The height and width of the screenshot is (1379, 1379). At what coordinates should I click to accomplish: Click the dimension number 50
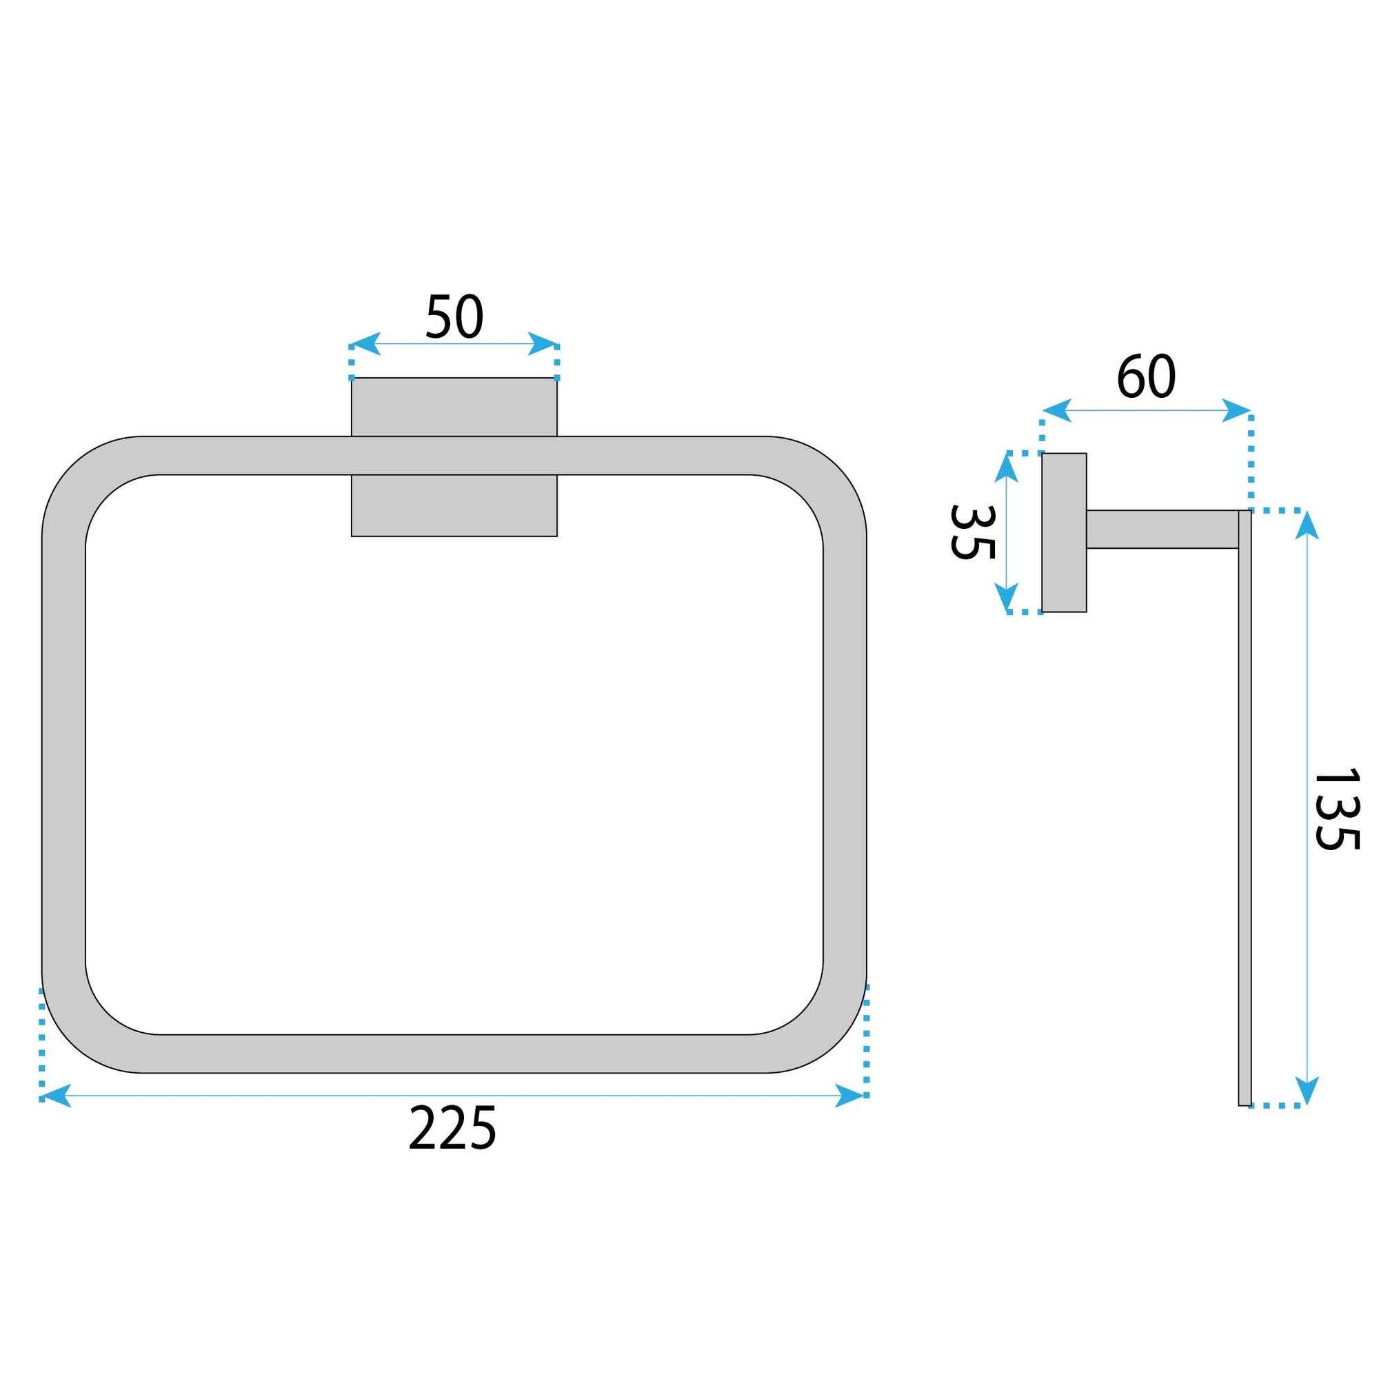pos(454,316)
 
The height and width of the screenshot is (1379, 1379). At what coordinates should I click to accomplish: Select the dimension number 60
pos(1145,377)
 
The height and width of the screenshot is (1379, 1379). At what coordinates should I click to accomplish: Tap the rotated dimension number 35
pos(972,532)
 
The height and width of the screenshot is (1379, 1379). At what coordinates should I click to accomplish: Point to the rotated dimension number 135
pos(1336,809)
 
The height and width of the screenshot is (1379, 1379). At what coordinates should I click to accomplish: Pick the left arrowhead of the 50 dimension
pos(365,343)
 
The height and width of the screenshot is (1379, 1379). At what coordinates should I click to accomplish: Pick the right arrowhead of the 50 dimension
pos(543,343)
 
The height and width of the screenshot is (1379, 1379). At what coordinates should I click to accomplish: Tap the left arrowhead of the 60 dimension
pos(1056,410)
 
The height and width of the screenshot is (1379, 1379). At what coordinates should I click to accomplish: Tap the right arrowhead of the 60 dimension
pos(1236,410)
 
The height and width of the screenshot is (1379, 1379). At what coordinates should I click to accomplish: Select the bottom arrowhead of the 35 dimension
pos(1006,596)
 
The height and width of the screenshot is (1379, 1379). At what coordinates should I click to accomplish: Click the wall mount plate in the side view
pos(1063,532)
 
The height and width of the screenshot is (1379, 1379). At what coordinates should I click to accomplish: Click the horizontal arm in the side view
pos(1161,529)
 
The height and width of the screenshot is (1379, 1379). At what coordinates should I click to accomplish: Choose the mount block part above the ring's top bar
pos(454,406)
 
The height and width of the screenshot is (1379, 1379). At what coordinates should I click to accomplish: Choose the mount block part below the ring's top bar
pos(454,505)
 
